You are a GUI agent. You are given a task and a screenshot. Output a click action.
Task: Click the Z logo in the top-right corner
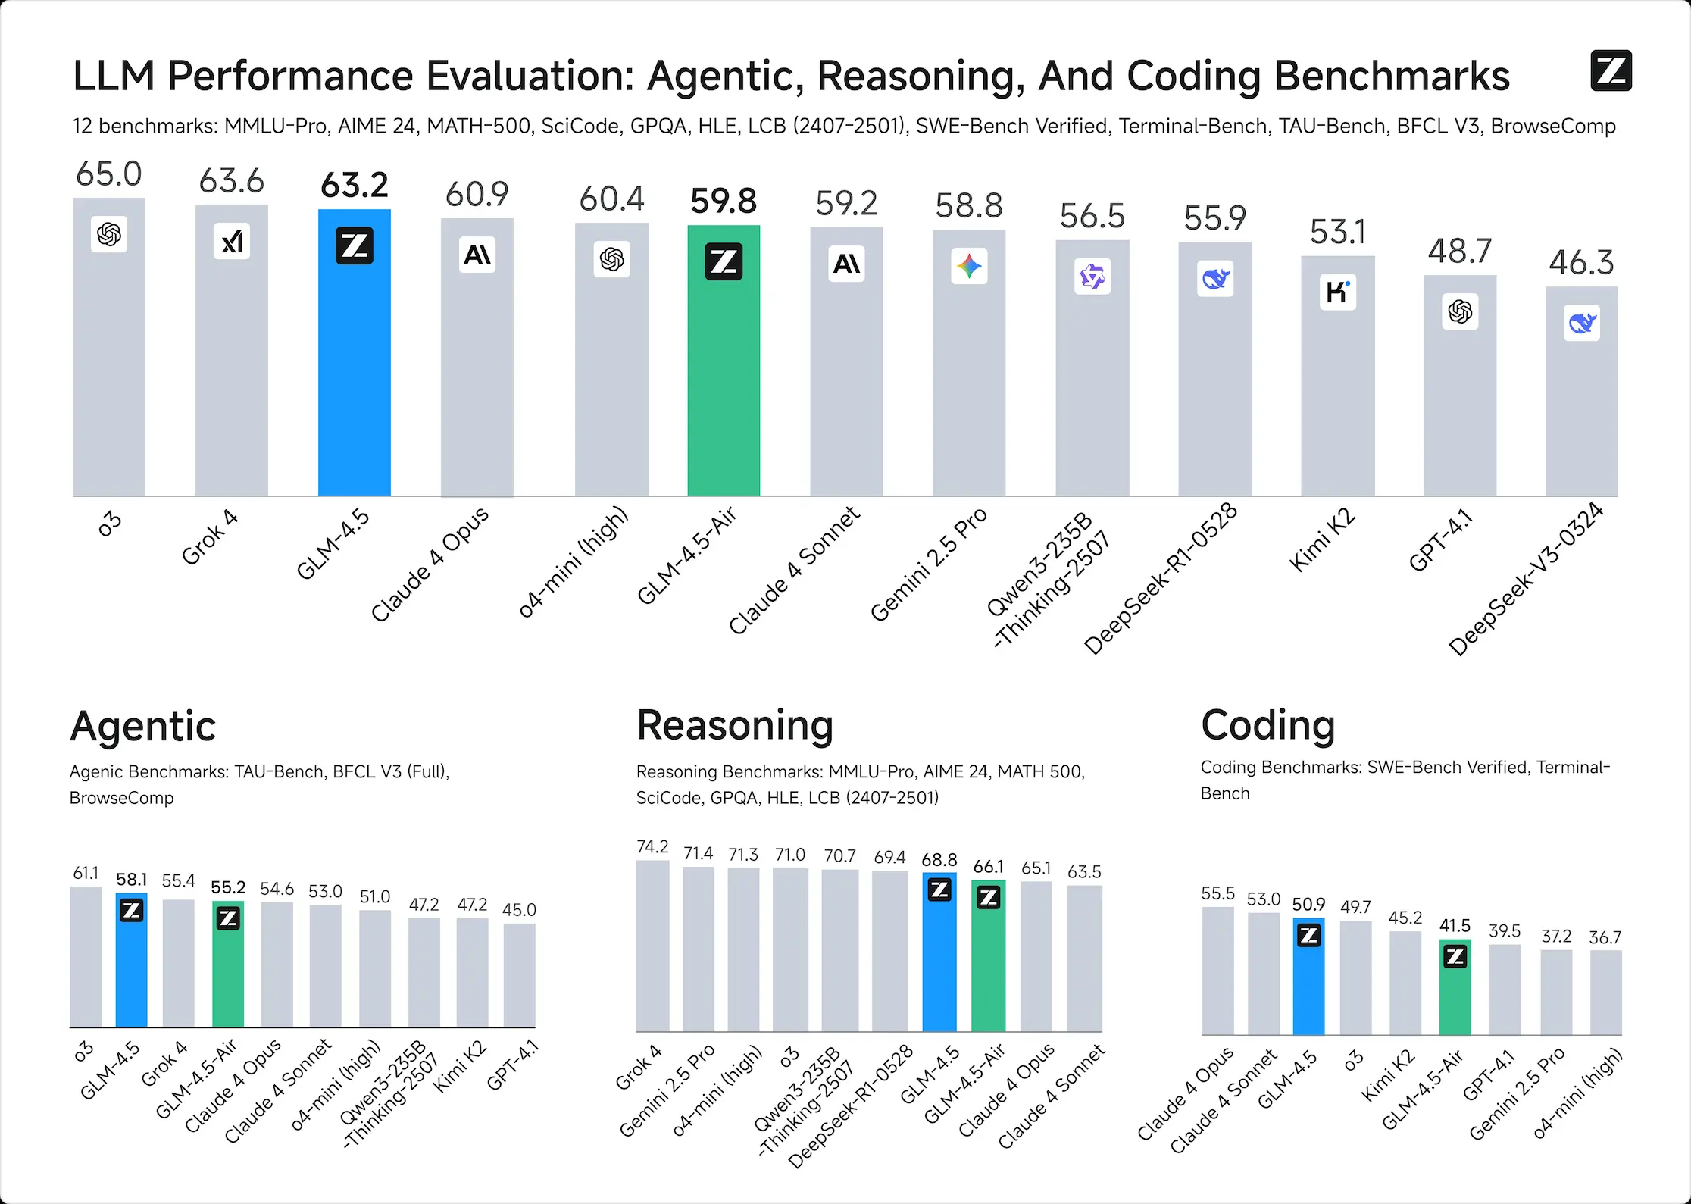[x=1611, y=71]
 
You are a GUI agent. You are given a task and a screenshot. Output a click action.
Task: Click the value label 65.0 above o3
[x=108, y=174]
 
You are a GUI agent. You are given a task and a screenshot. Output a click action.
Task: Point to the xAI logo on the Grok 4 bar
[x=231, y=242]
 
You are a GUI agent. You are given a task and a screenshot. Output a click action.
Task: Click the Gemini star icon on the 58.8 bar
[x=969, y=266]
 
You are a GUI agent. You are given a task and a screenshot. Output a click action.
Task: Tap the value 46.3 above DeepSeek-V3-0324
[x=1581, y=263]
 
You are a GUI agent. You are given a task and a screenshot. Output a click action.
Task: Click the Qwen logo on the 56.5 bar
[x=1092, y=277]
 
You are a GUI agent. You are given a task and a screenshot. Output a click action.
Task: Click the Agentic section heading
[x=143, y=727]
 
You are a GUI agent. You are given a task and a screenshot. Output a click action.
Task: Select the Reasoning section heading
[x=735, y=725]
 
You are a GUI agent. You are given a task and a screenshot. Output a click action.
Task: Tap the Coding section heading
[x=1267, y=725]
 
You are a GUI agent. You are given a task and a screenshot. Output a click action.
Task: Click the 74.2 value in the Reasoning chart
[x=652, y=846]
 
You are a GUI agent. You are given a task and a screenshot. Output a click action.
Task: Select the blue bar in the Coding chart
[x=1308, y=985]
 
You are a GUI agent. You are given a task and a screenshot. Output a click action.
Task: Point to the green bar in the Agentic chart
[x=228, y=977]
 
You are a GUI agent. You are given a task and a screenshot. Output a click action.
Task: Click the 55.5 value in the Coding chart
[x=1217, y=893]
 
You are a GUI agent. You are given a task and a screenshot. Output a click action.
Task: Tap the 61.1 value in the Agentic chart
[x=86, y=873]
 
